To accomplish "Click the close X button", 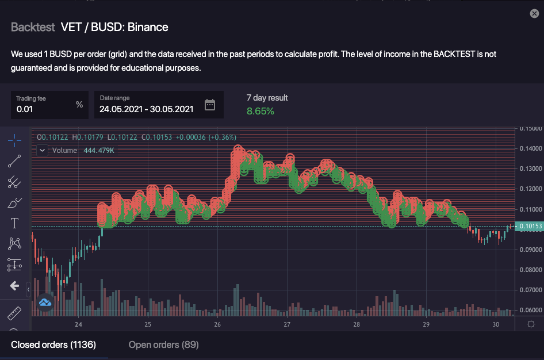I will click(534, 14).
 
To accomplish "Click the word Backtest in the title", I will click(33, 27).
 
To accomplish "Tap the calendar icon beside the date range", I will click(210, 105).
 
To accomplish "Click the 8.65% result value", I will click(260, 111).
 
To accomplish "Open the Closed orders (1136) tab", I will click(53, 344).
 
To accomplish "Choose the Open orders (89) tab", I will click(163, 344).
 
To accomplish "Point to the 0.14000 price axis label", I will click(531, 148).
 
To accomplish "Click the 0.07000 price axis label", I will click(531, 290).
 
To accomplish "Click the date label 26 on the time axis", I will click(217, 324).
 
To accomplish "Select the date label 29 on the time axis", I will click(426, 324).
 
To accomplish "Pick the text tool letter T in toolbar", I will click(14, 223).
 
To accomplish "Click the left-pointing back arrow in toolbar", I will click(14, 286).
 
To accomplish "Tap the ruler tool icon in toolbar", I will click(14, 314).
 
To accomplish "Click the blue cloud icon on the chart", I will click(45, 302).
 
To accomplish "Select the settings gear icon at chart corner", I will click(531, 324).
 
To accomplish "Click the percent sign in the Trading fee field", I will click(79, 105).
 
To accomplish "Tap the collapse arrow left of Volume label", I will click(43, 151).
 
